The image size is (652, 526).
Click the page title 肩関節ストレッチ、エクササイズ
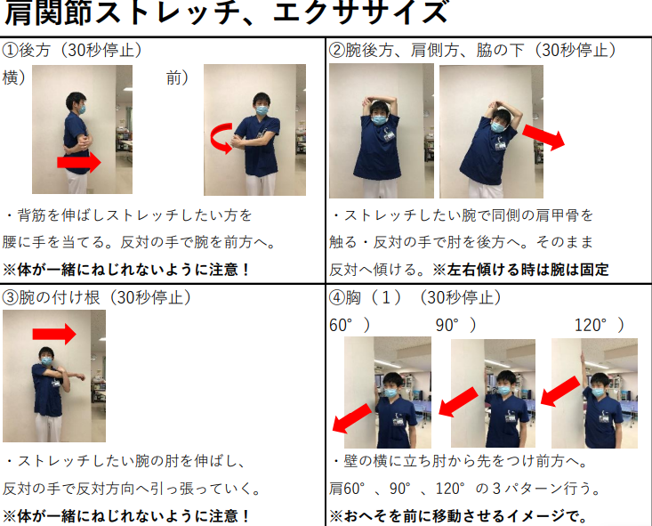click(227, 12)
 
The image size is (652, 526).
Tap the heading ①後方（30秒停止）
click(72, 51)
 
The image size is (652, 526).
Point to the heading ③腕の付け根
click(51, 297)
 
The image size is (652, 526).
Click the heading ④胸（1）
click(366, 297)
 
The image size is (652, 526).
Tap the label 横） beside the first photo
click(13, 77)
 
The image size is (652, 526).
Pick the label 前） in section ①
click(178, 77)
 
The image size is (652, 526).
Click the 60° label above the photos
click(350, 325)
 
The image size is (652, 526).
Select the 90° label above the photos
click(455, 325)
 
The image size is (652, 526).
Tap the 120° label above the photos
click(600, 325)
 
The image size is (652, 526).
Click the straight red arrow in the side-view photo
click(79, 162)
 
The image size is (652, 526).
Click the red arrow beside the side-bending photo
click(543, 137)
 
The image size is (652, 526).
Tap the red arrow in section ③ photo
click(54, 334)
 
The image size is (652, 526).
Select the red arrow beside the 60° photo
click(351, 418)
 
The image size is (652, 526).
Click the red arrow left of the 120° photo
click(560, 392)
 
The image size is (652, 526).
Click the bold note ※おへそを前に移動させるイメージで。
click(458, 516)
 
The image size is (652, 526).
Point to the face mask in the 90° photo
click(504, 391)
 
